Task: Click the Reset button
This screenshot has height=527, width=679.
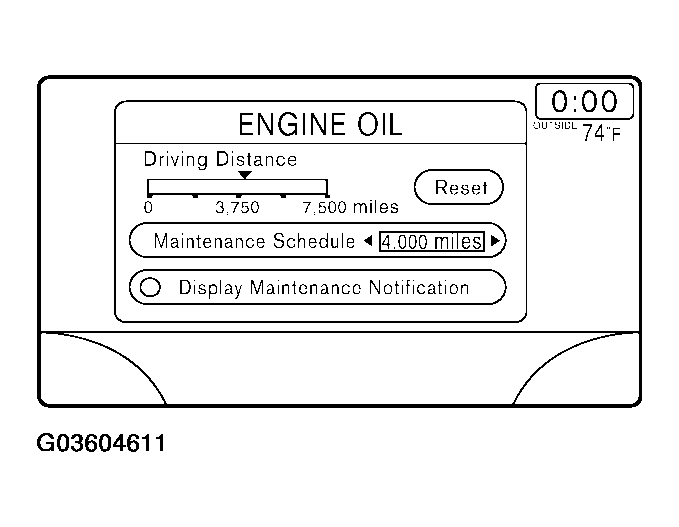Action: [459, 187]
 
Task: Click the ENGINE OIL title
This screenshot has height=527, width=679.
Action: [320, 125]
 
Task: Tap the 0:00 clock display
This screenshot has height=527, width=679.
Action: [585, 102]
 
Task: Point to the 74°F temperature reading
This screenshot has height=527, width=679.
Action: [601, 134]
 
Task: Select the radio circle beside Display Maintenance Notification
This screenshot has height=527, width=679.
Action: [151, 288]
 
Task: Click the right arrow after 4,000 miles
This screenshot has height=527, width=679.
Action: [495, 241]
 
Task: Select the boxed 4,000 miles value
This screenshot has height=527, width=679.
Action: [431, 242]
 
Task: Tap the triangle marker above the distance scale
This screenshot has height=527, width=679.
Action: [244, 175]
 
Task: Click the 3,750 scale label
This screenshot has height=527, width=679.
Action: [237, 208]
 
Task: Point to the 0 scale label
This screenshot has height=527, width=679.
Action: [148, 208]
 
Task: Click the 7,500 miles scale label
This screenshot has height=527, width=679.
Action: [350, 208]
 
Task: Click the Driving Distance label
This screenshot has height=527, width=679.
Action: [220, 159]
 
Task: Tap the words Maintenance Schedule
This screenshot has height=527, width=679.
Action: [254, 242]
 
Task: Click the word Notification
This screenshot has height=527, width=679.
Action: [419, 288]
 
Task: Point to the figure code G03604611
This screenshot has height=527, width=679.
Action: [100, 442]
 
